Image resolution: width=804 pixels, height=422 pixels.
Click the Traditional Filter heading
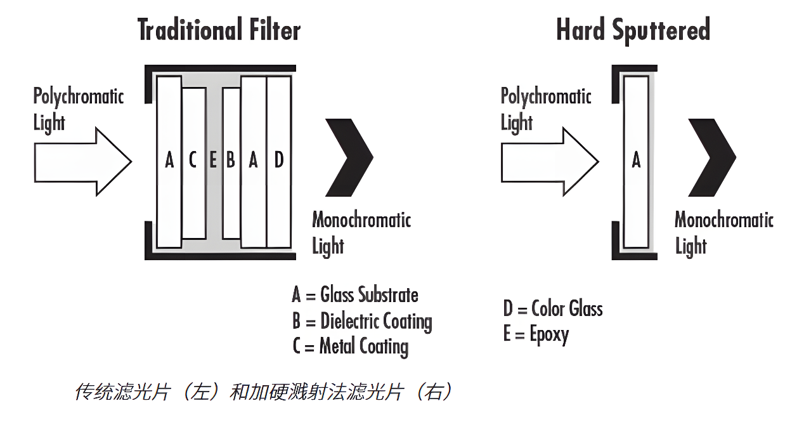pyautogui.click(x=219, y=30)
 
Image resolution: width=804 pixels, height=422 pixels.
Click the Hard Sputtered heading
pyautogui.click(x=633, y=30)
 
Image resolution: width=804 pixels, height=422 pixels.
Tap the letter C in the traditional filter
pyautogui.click(x=193, y=160)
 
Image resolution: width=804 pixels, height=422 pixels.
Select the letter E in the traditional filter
pyautogui.click(x=213, y=160)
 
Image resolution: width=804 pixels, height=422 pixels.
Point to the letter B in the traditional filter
pyautogui.click(x=231, y=160)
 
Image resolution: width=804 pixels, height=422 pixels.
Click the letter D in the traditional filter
pyautogui.click(x=278, y=160)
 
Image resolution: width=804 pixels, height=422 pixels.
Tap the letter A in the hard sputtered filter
pyautogui.click(x=636, y=160)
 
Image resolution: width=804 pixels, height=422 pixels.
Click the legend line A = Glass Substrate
pyautogui.click(x=355, y=295)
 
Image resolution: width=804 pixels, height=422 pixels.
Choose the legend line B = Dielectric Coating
pyautogui.click(x=362, y=321)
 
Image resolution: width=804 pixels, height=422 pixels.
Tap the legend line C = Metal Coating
pyautogui.click(x=350, y=346)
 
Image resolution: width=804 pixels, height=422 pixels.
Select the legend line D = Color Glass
pyautogui.click(x=553, y=309)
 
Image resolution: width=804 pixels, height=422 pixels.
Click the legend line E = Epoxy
pyautogui.click(x=536, y=334)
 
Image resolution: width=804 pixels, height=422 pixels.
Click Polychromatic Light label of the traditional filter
pyautogui.click(x=78, y=109)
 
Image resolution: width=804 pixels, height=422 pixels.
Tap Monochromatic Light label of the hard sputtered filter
pyautogui.click(x=723, y=232)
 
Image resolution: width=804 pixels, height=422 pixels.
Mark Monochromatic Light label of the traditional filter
pyautogui.click(x=361, y=232)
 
